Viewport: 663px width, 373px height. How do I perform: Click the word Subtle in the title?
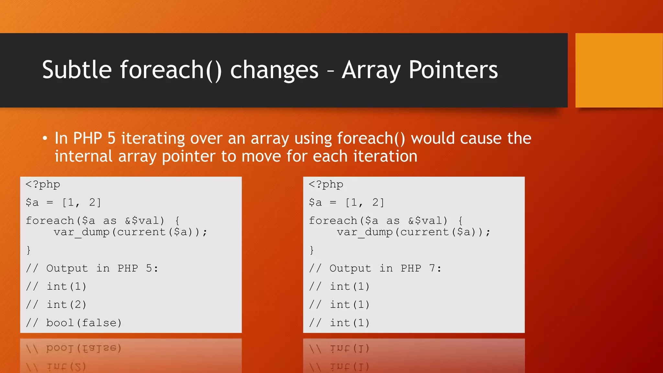(x=77, y=70)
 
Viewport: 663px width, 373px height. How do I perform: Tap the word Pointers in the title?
(x=453, y=70)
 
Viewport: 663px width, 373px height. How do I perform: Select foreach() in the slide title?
(x=171, y=70)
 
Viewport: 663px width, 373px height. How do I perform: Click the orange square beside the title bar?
(x=619, y=70)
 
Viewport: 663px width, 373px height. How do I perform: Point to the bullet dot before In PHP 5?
(x=45, y=139)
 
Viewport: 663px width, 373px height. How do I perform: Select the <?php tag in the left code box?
(x=43, y=184)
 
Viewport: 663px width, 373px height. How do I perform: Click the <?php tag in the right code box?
(x=326, y=184)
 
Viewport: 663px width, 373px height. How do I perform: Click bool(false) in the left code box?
(x=84, y=323)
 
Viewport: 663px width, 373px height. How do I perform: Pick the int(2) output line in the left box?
(x=66, y=305)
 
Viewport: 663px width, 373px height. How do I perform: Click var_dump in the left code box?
(x=82, y=232)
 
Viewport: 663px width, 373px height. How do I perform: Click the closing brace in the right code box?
(x=311, y=250)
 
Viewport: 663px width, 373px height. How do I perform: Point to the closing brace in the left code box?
(x=28, y=250)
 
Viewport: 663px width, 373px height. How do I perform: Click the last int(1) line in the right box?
(x=349, y=323)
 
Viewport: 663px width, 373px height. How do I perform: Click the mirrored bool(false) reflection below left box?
(x=84, y=348)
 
